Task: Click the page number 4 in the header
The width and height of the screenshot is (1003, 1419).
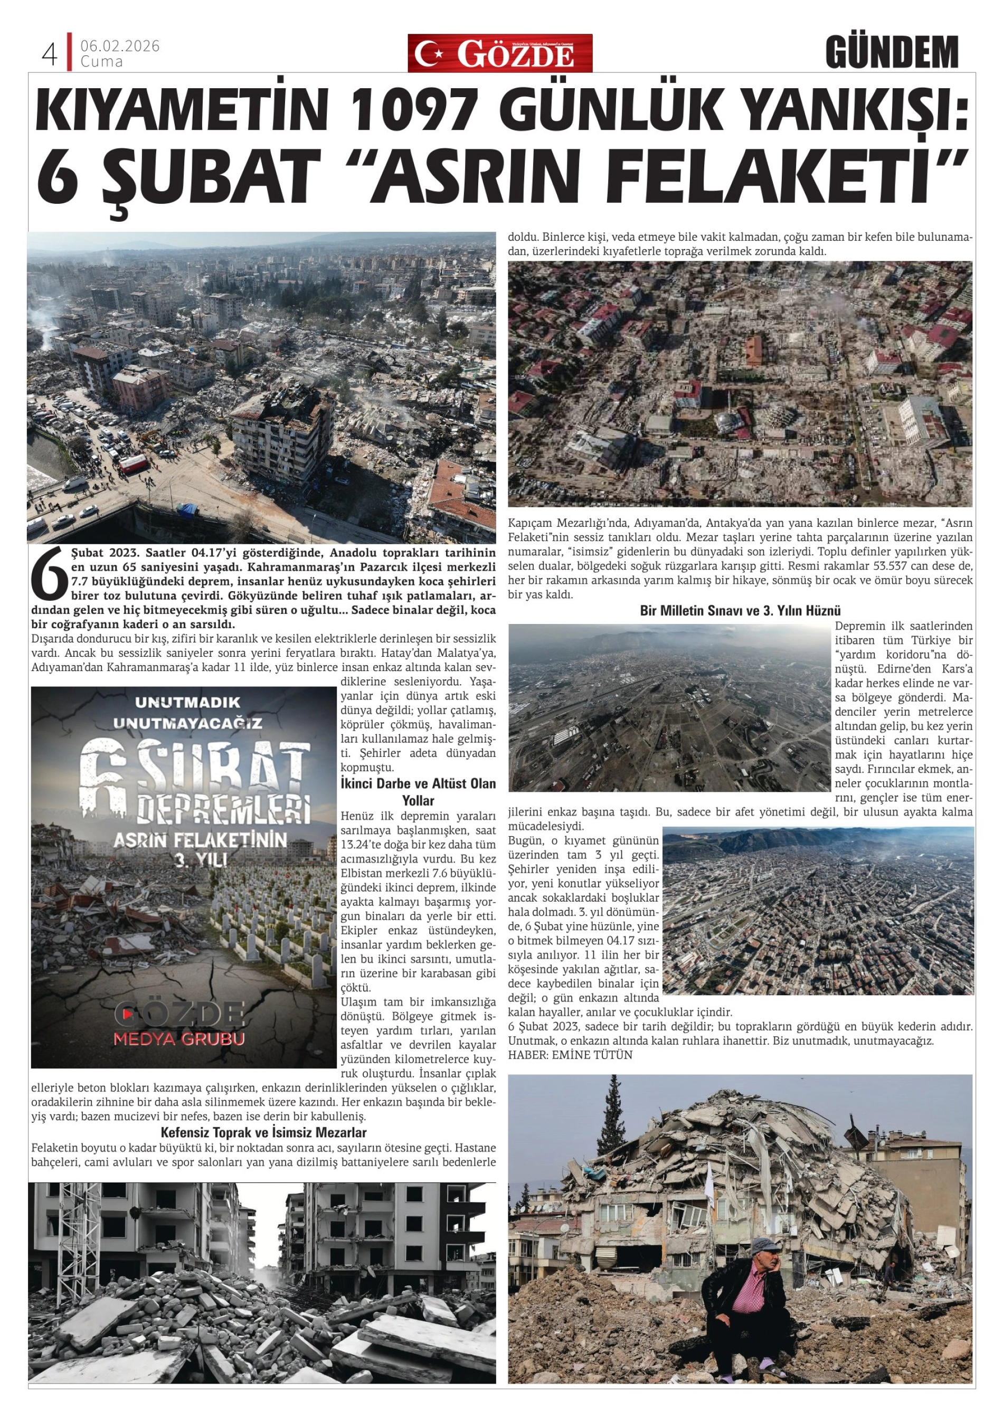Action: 50,55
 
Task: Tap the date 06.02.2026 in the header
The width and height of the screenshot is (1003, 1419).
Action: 120,46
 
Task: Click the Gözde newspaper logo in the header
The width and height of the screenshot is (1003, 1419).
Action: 499,54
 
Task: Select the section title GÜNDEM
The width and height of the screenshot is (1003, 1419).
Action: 891,53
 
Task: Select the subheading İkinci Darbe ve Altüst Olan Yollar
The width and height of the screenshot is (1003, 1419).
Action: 419,792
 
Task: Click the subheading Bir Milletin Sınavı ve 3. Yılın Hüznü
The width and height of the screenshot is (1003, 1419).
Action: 740,611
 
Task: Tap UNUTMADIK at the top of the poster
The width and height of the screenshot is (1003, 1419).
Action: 187,703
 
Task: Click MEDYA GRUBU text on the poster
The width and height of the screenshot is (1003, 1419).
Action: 179,1039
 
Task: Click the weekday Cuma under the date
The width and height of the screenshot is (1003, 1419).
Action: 101,62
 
